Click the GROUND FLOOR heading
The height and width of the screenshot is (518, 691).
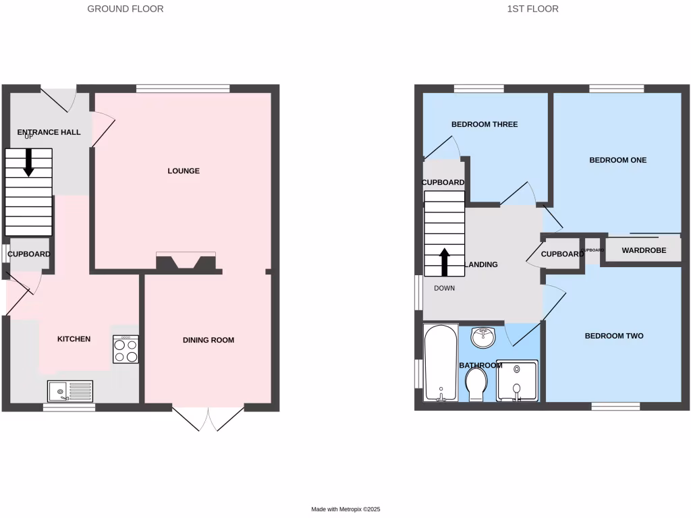click(126, 9)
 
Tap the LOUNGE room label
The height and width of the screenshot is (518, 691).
click(184, 171)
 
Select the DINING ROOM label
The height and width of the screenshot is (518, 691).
click(209, 340)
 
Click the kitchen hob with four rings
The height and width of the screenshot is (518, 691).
click(126, 349)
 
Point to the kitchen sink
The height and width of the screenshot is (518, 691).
click(70, 391)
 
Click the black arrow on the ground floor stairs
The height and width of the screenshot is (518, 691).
click(28, 163)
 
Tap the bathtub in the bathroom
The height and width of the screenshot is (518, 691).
click(439, 363)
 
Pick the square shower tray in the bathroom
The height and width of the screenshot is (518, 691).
click(517, 380)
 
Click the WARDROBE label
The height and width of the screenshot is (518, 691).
click(644, 250)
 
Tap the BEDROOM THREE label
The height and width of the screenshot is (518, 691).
click(485, 125)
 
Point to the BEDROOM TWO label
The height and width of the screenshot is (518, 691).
click(614, 336)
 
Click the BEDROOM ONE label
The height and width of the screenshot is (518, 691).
click(618, 161)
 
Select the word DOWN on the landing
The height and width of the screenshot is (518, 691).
click(445, 288)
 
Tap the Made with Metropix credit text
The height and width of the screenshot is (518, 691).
click(345, 509)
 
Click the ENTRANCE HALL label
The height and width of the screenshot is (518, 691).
click(49, 132)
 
